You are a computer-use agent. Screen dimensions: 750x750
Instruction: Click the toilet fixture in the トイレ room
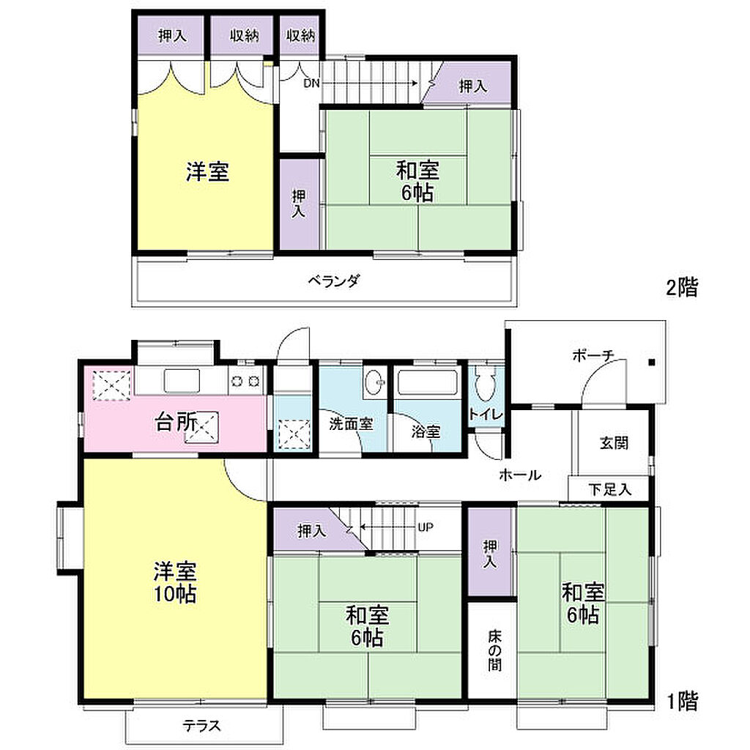click(x=484, y=382)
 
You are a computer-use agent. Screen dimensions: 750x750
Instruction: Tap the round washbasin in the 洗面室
click(x=374, y=382)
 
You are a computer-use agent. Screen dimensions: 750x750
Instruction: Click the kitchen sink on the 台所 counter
click(x=182, y=381)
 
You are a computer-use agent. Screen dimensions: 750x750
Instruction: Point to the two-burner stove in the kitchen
click(x=245, y=381)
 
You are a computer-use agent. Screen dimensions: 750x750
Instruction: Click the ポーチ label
click(x=593, y=355)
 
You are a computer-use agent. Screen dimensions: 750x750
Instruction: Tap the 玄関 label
click(x=614, y=443)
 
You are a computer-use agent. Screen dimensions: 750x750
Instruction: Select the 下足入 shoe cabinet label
click(x=610, y=489)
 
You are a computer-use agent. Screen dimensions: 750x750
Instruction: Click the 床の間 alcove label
click(x=495, y=650)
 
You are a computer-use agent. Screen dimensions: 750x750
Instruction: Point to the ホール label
click(x=520, y=475)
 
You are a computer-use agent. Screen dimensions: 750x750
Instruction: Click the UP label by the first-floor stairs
click(x=426, y=527)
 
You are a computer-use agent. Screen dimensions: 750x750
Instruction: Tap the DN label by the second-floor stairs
click(x=311, y=83)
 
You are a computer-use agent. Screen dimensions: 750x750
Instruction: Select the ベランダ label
click(x=333, y=281)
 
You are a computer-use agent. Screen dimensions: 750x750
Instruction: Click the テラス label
click(x=201, y=726)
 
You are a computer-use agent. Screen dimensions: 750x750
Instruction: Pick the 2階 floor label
click(x=682, y=287)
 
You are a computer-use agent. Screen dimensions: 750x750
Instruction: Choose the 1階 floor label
click(x=682, y=701)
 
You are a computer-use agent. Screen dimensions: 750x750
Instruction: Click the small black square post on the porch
click(x=651, y=363)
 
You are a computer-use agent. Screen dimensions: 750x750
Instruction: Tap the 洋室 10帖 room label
click(x=174, y=582)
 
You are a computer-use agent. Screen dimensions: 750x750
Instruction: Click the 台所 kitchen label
click(x=176, y=423)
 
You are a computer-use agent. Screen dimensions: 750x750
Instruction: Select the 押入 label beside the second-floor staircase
click(x=473, y=86)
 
